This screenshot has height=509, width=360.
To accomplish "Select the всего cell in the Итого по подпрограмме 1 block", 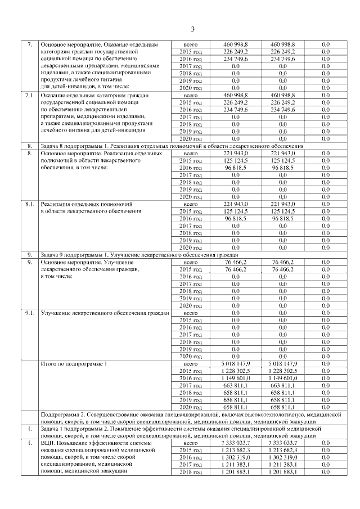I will [x=191, y=364].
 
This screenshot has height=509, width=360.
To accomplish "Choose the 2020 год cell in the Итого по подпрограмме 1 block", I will [x=191, y=407].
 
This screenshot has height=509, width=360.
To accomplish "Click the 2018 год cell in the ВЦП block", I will [x=191, y=472].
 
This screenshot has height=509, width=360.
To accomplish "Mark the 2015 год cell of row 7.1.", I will [x=191, y=103].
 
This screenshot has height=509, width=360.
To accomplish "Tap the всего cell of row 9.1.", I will [x=191, y=312].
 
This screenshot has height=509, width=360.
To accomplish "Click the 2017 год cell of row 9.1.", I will [x=191, y=334].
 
